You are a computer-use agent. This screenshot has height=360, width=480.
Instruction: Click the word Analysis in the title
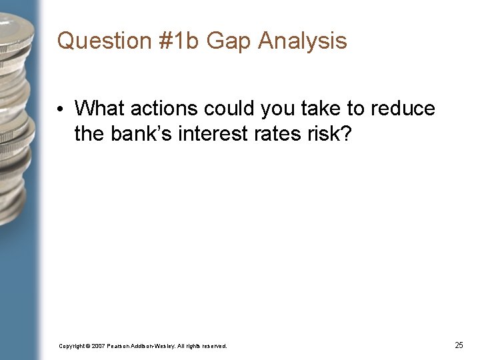(303, 41)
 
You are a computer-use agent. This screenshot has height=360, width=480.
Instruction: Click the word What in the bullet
(98, 108)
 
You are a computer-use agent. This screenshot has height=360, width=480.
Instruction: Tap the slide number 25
(459, 345)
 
